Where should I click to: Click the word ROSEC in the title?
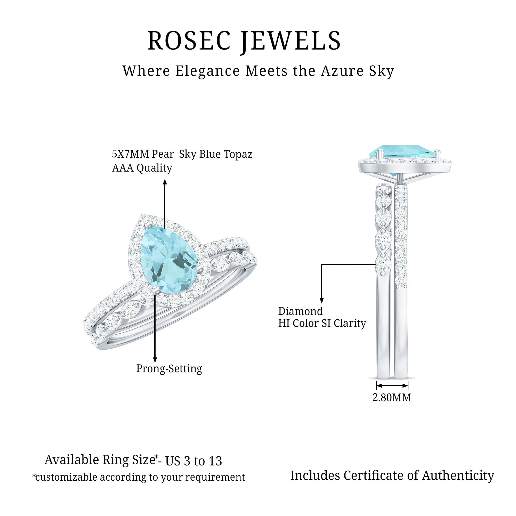[189, 41]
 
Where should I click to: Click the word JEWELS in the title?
[291, 41]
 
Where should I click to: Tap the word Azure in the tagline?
[342, 71]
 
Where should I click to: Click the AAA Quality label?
[142, 168]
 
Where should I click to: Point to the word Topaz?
[238, 154]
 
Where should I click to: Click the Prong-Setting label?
[169, 369]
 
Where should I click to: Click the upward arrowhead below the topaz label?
[165, 182]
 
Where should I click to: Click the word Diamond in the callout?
[301, 311]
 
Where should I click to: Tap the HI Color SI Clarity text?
[322, 324]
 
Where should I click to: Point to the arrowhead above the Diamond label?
[322, 300]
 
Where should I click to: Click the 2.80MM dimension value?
[392, 398]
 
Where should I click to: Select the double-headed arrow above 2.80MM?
[392, 386]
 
